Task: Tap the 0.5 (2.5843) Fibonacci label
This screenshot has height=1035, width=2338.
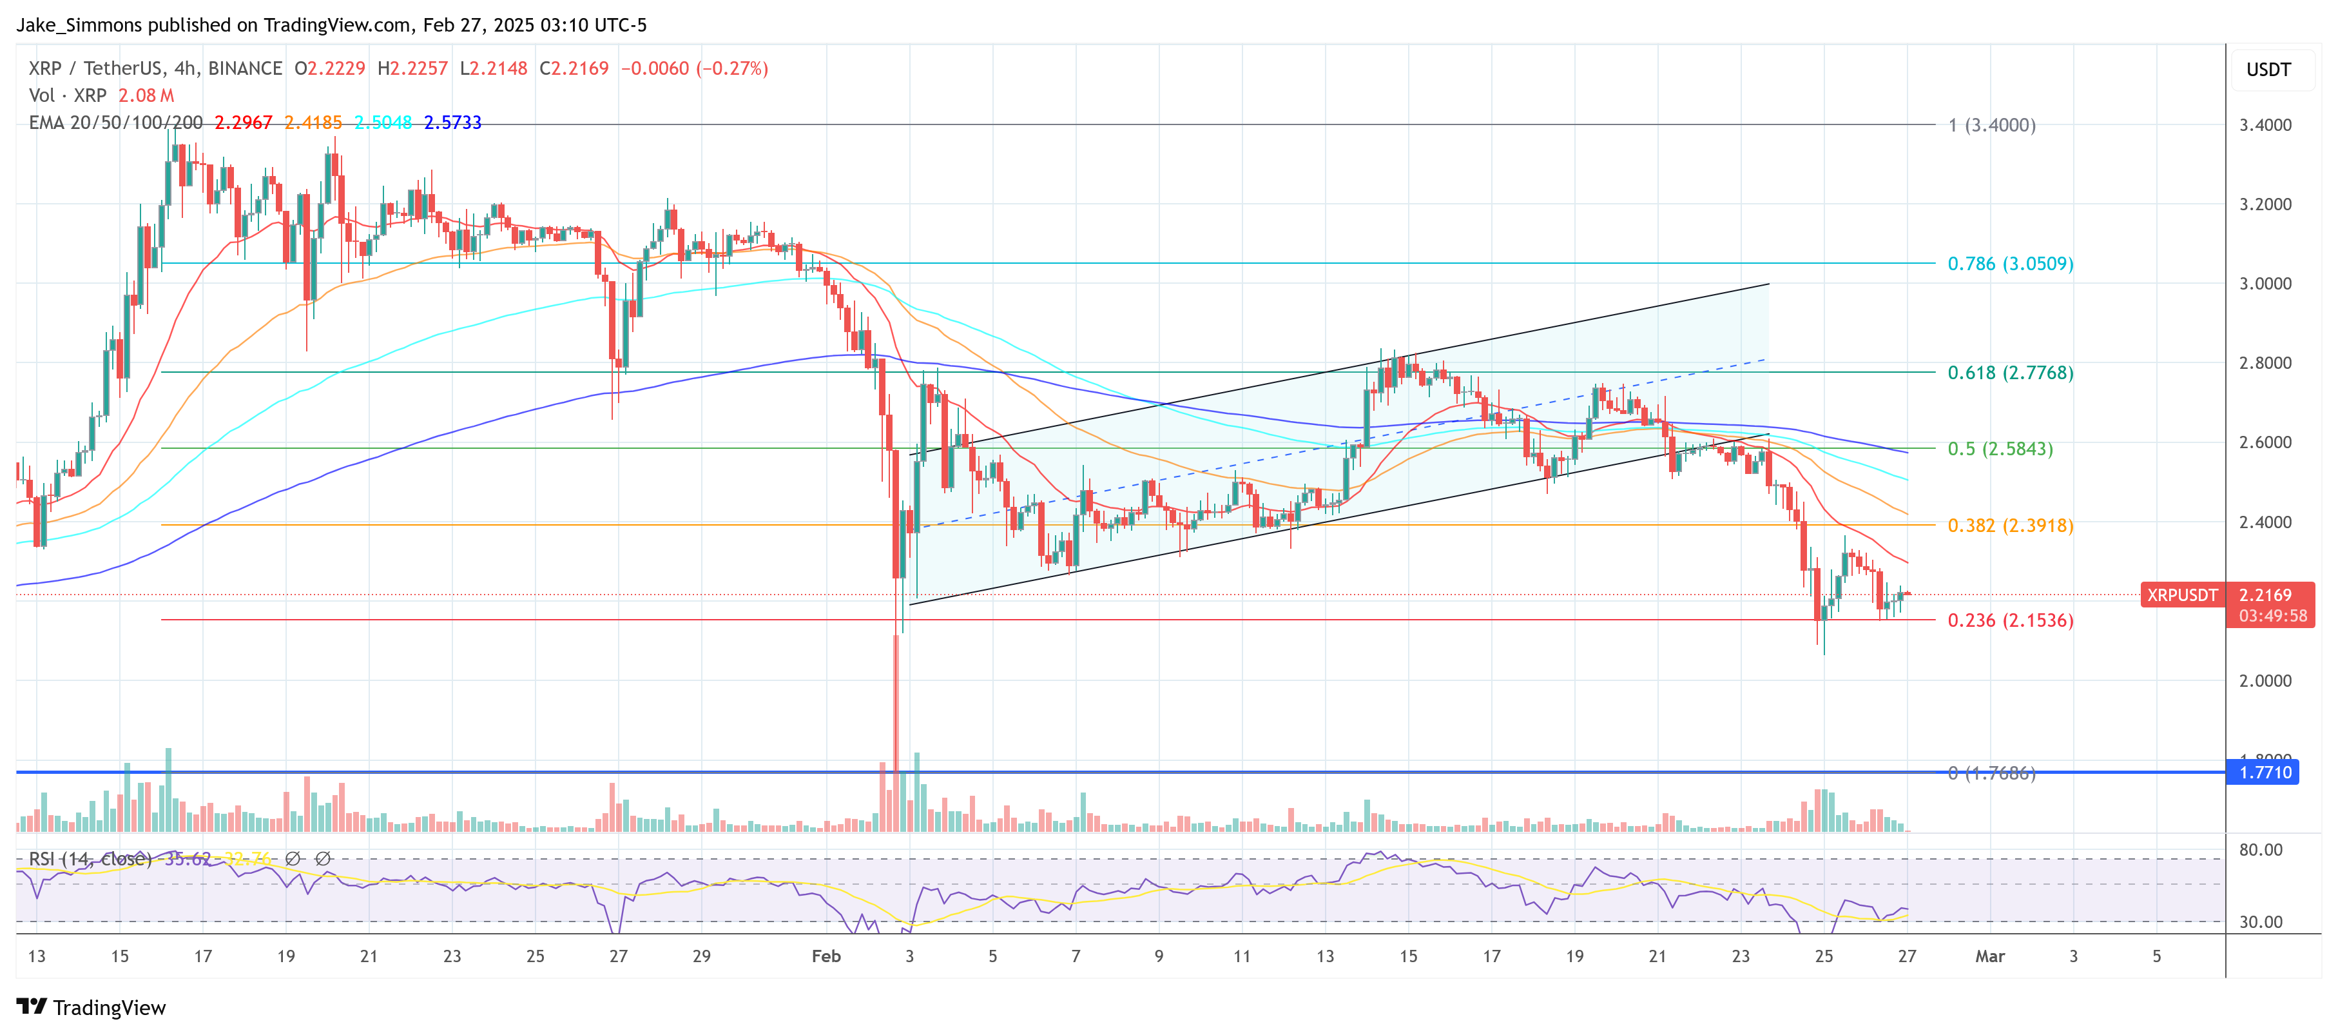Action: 2000,449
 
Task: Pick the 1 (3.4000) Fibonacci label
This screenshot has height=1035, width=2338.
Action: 1991,125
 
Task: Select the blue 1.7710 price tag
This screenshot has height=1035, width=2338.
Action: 2265,773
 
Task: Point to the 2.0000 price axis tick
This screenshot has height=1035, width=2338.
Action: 2265,681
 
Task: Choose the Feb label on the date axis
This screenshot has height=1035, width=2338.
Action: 826,956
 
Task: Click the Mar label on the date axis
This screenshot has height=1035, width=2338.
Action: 1989,956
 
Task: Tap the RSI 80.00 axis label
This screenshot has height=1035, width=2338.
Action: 2260,850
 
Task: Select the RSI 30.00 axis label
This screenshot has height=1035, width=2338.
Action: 2260,922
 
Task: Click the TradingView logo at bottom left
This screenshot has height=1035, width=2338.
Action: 91,1008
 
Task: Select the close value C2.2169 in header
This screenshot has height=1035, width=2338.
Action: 574,69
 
